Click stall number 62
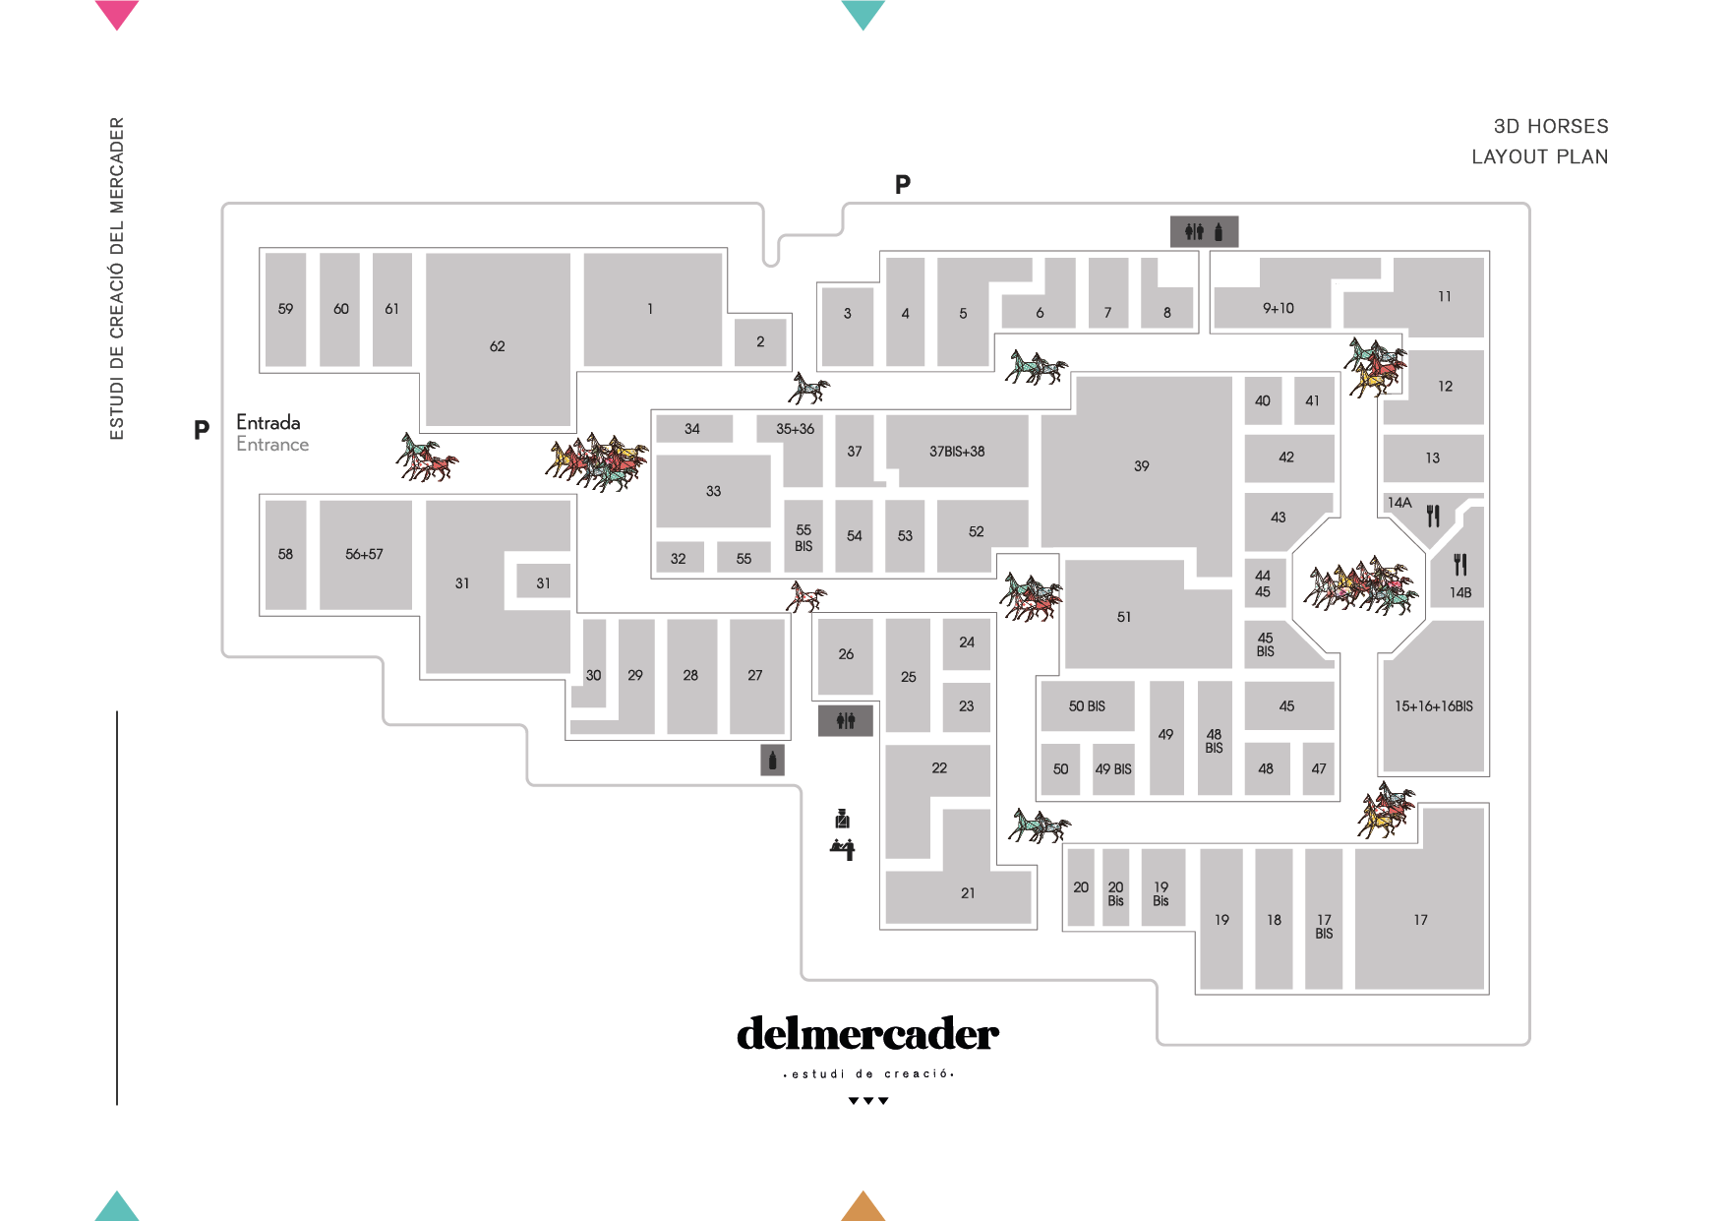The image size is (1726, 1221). [x=498, y=346]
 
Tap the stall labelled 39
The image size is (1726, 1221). [x=1141, y=465]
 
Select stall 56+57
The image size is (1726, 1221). [x=364, y=554]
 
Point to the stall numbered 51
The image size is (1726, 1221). [x=1124, y=617]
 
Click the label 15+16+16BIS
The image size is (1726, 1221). [x=1433, y=705]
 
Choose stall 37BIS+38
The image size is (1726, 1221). [x=957, y=452]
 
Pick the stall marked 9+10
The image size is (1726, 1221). [x=1278, y=308]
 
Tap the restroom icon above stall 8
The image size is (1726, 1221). [x=1204, y=231]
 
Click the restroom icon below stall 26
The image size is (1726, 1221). [x=846, y=721]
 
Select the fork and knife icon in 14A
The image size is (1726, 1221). [x=1433, y=516]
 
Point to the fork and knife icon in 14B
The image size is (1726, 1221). [x=1460, y=565]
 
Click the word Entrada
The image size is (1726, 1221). [x=268, y=422]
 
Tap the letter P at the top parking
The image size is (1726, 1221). [x=903, y=184]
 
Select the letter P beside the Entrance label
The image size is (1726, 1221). [x=202, y=430]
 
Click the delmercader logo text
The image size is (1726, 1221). [x=867, y=1034]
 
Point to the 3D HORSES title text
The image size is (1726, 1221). [x=1551, y=126]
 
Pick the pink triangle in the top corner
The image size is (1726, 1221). [x=117, y=14]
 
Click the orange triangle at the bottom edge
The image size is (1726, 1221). [x=863, y=1206]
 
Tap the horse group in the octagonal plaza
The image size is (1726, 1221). [x=1361, y=586]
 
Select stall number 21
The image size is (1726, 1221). [x=968, y=893]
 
